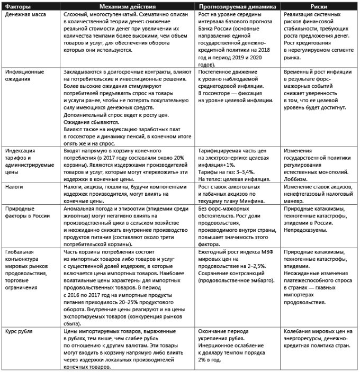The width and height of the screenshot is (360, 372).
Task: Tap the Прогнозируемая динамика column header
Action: (x=233, y=4)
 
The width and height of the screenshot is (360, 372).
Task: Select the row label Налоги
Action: (x=14, y=187)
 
